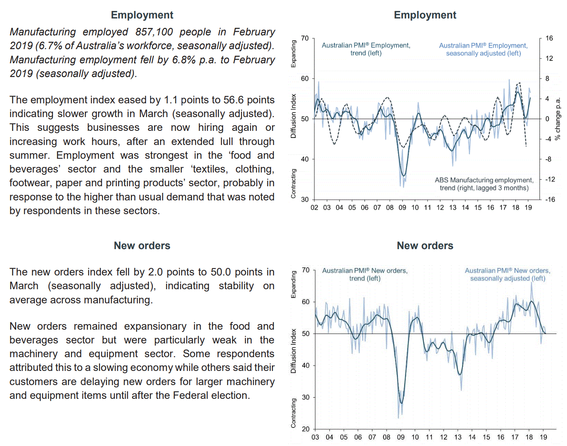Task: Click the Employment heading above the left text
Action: pyautogui.click(x=142, y=15)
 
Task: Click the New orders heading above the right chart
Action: pyautogui.click(x=425, y=246)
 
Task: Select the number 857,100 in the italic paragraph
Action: pyautogui.click(x=154, y=32)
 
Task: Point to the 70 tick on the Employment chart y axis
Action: pyautogui.click(x=305, y=38)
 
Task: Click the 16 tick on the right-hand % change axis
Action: pyautogui.click(x=549, y=38)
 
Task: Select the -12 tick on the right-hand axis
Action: pyautogui.click(x=550, y=179)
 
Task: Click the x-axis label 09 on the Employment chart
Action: pyautogui.click(x=402, y=207)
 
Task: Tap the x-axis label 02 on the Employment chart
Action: pyautogui.click(x=314, y=207)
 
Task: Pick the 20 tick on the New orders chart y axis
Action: pyautogui.click(x=306, y=429)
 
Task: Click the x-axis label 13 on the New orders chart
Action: pyautogui.click(x=458, y=437)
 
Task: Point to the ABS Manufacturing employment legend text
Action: pyautogui.click(x=484, y=184)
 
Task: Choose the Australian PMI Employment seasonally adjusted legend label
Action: pyautogui.click(x=483, y=50)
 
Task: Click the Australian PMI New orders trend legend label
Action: pyautogui.click(x=365, y=274)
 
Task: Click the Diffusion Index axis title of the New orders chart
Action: pyautogui.click(x=293, y=351)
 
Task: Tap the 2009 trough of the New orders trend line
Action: pyautogui.click(x=401, y=403)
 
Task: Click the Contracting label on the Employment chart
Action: pyautogui.click(x=293, y=184)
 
